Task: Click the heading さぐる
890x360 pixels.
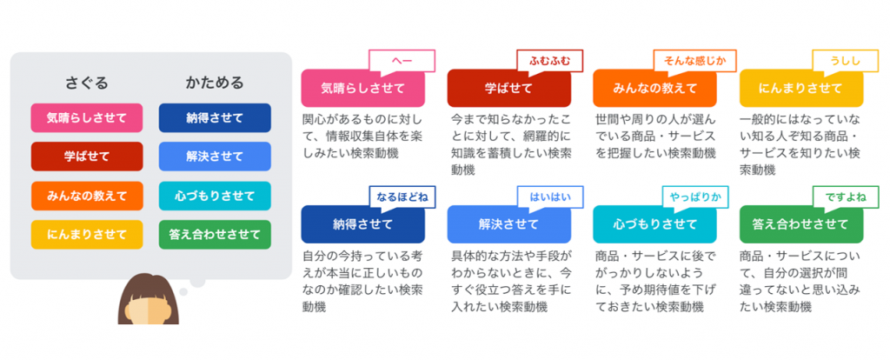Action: [x=87, y=83]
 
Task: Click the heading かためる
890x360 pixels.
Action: [x=215, y=83]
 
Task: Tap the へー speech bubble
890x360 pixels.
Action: [x=402, y=61]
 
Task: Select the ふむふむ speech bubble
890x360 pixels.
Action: [x=549, y=61]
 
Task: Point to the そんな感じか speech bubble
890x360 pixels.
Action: [x=694, y=61]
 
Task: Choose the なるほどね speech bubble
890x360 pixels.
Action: [x=402, y=197]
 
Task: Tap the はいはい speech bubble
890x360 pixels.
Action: [x=549, y=197]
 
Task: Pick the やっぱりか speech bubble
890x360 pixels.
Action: [x=695, y=197]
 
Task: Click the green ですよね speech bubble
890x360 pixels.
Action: [x=846, y=197]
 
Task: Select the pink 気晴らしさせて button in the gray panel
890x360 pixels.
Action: [x=87, y=118]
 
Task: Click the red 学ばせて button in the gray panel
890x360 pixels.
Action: [x=87, y=157]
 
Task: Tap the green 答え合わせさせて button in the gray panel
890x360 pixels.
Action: [x=215, y=235]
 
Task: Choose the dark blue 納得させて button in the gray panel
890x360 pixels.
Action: [x=215, y=118]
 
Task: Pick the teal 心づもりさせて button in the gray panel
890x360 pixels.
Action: [x=215, y=196]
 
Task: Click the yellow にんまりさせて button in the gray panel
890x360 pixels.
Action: [x=87, y=235]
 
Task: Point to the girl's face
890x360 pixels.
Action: [x=148, y=309]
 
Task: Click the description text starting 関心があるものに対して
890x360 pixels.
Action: [x=363, y=137]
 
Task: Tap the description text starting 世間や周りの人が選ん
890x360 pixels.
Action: [x=655, y=137]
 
